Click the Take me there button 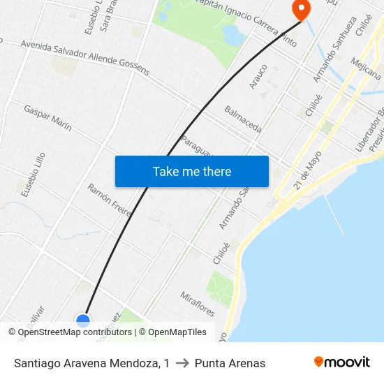tap(192, 171)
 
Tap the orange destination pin tap(301, 9)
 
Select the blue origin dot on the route tap(83, 320)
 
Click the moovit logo tap(341, 362)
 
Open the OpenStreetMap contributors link tap(75, 332)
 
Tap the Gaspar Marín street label tap(47, 118)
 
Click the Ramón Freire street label tap(110, 200)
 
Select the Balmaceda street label tap(243, 119)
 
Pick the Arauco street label tap(258, 76)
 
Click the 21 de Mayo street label tap(308, 170)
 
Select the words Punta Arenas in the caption tap(230, 363)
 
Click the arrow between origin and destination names tap(182, 363)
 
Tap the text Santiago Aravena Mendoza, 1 tap(91, 363)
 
